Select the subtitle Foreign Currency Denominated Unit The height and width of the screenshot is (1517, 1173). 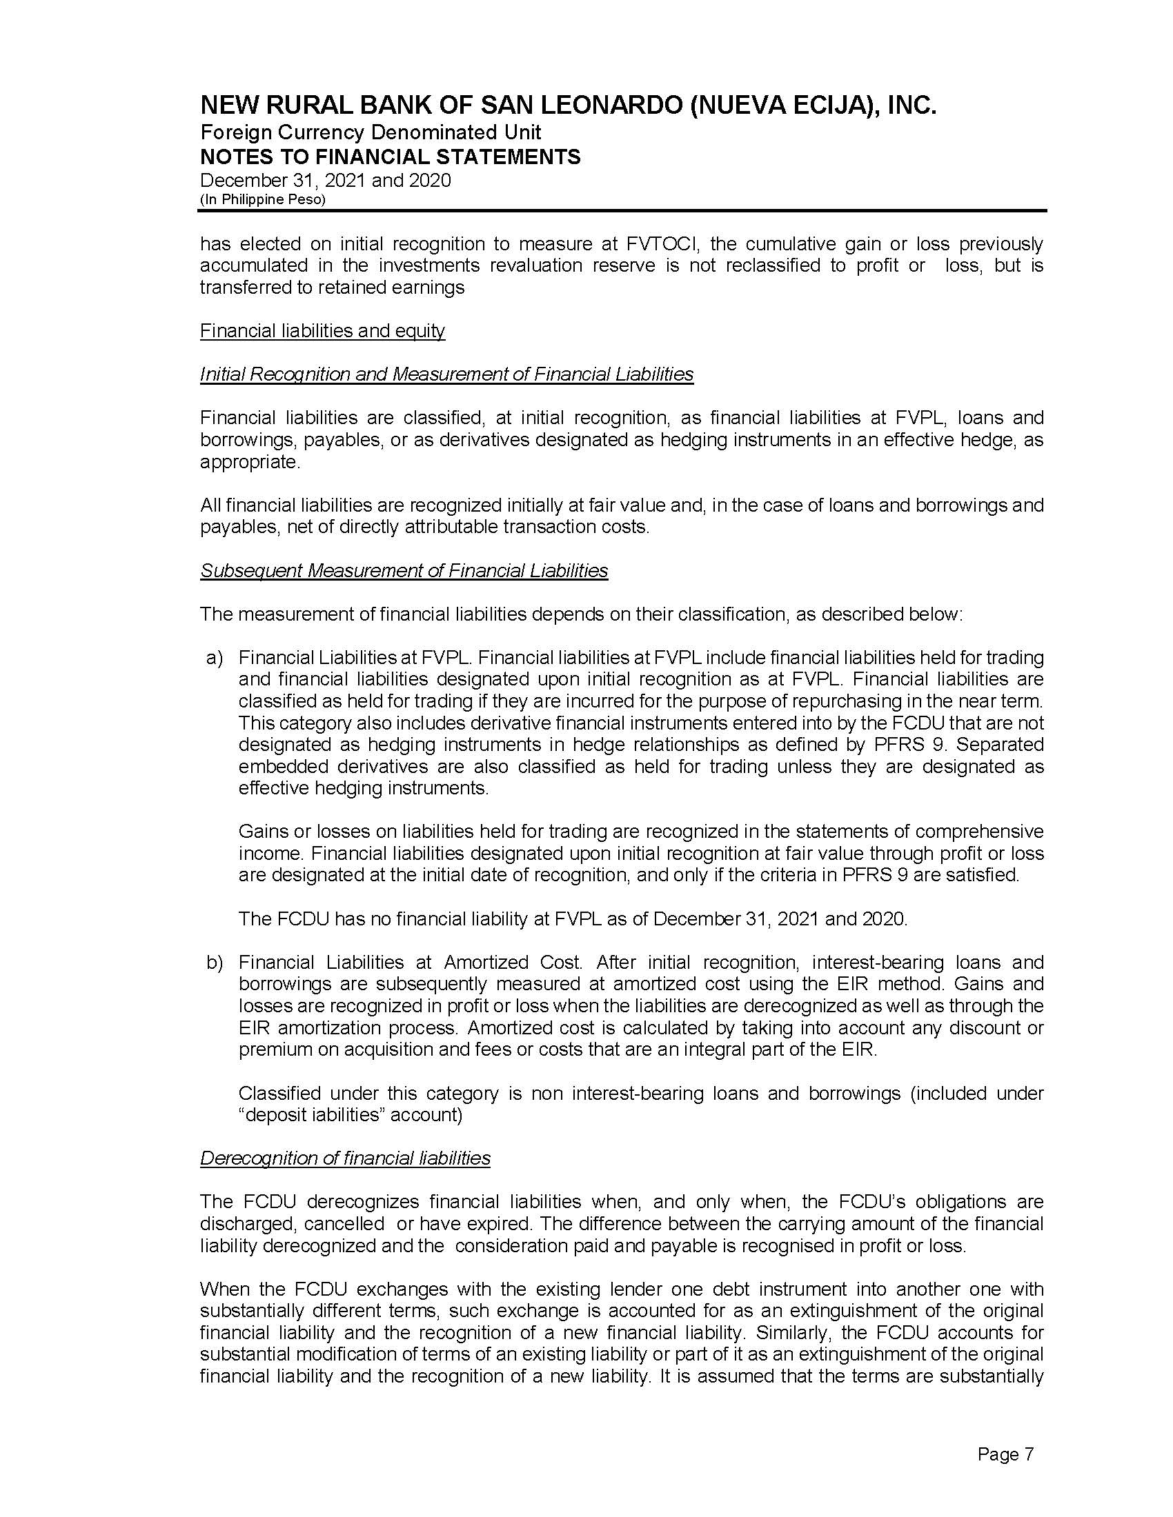371,132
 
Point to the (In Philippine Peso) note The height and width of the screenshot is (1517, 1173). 263,199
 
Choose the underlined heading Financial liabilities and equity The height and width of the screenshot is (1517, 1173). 322,330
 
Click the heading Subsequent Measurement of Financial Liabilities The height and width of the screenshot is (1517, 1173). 404,570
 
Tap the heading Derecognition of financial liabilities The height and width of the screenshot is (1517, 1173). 345,1158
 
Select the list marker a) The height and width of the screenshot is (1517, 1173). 214,657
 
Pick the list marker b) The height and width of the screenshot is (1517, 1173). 214,962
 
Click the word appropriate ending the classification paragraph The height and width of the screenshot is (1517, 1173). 250,462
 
